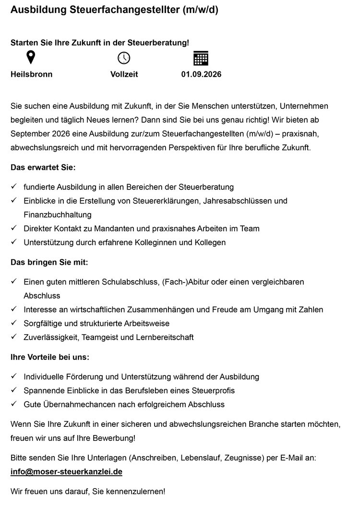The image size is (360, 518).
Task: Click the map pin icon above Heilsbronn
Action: coord(31,58)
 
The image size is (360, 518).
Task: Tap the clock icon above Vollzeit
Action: coord(124,58)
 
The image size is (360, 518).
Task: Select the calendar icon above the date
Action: coord(201,58)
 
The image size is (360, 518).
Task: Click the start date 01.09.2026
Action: coord(201,74)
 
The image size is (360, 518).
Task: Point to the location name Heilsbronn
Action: coord(32,74)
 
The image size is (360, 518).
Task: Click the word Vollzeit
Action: coord(124,74)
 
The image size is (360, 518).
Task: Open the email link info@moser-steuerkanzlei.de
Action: coord(66,471)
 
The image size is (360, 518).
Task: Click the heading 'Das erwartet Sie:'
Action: coord(43,168)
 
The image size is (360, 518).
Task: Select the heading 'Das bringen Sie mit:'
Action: coord(49,262)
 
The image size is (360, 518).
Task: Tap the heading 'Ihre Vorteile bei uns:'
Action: coord(50,357)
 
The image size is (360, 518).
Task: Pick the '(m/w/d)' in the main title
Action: coord(200,10)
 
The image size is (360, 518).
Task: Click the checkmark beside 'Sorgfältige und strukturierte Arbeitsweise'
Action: coord(14,323)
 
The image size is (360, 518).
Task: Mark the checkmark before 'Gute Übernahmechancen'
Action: coord(14,404)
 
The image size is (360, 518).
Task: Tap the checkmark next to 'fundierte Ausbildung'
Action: coord(14,187)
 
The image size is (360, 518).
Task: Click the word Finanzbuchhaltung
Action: coord(58,214)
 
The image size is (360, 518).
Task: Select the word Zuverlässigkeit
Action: coord(51,337)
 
